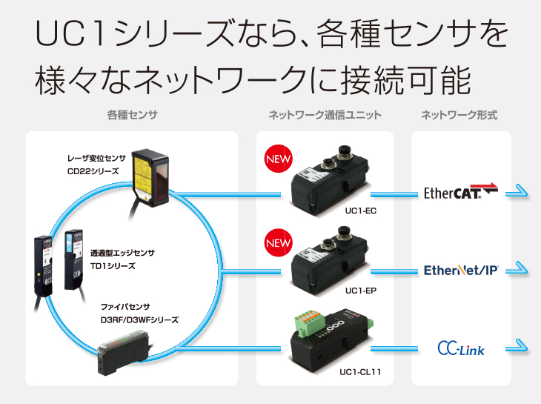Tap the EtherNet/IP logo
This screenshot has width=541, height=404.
pyautogui.click(x=460, y=270)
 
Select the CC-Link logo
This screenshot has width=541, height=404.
pyautogui.click(x=460, y=347)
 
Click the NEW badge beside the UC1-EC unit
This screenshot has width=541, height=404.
pyautogui.click(x=279, y=160)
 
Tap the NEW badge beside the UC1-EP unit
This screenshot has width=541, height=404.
pyautogui.click(x=279, y=243)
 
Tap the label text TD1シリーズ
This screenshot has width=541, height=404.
pyautogui.click(x=112, y=265)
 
